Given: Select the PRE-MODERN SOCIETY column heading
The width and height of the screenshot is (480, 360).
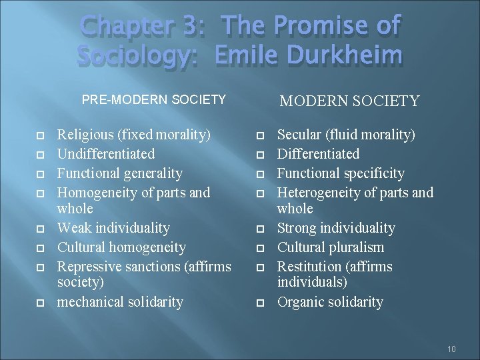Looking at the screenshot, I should coord(154,99).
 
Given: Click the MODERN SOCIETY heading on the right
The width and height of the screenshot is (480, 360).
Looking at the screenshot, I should coord(349,101).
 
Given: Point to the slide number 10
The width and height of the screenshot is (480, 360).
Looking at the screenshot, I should coord(451,349).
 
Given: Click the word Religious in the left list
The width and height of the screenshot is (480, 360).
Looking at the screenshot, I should coord(86,135).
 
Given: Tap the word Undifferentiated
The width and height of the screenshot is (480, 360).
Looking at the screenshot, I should coord(106,154).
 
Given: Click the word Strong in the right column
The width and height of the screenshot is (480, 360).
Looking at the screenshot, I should coord(297,228).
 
